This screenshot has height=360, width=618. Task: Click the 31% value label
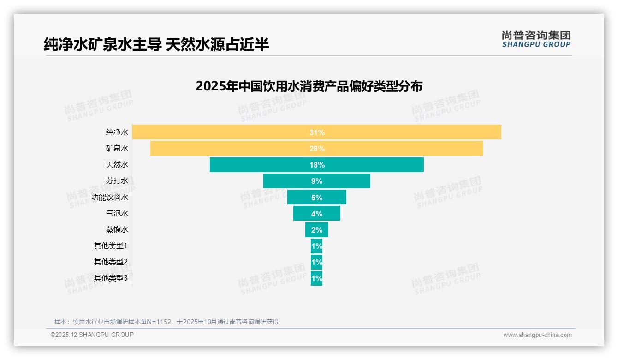[x=317, y=132]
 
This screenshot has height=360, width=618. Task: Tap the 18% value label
[x=317, y=165]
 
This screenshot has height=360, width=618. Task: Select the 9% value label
[x=317, y=181]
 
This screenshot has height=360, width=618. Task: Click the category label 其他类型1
[x=111, y=246]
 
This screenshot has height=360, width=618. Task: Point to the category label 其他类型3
[x=111, y=278]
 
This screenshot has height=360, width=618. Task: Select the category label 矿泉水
[x=117, y=148]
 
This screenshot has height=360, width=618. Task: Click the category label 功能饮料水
[x=110, y=197]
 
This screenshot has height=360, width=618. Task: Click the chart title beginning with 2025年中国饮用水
[x=309, y=86]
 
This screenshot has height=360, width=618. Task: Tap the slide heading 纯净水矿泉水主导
[x=156, y=44]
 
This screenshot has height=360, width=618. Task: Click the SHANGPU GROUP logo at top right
[x=536, y=39]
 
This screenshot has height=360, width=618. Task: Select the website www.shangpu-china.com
[x=537, y=335]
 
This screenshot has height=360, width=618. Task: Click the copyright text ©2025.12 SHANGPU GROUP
[x=92, y=335]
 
